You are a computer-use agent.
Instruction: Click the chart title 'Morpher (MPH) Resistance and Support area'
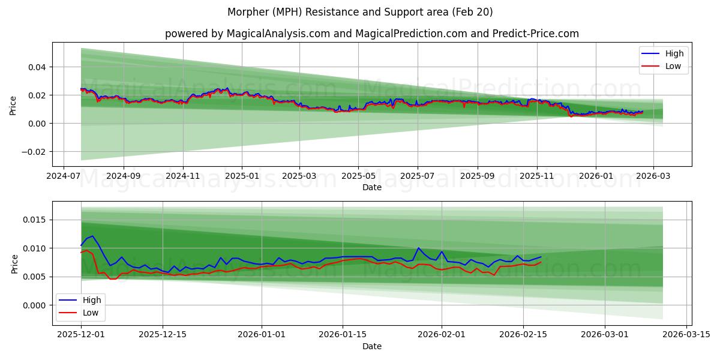360,12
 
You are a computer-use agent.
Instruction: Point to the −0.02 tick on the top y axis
35,151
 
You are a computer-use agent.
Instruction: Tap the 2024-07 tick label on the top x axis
64,177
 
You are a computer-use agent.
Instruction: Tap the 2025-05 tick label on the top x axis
358,177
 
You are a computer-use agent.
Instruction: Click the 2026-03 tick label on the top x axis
653,177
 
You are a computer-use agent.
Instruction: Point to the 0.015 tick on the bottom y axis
35,220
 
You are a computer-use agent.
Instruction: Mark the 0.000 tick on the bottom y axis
35,305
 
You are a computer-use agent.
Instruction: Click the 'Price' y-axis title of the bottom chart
14,264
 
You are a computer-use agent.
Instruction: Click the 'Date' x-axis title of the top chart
372,187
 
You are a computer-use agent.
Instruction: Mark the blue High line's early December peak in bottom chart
92,236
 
